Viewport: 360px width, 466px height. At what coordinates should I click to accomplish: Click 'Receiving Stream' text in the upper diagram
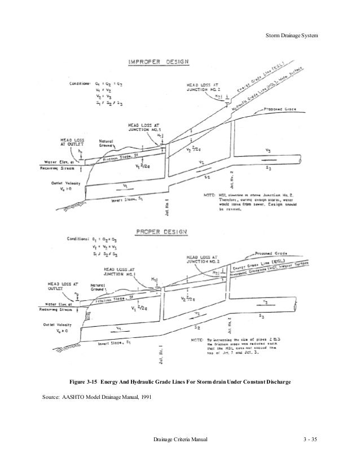pos(62,168)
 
